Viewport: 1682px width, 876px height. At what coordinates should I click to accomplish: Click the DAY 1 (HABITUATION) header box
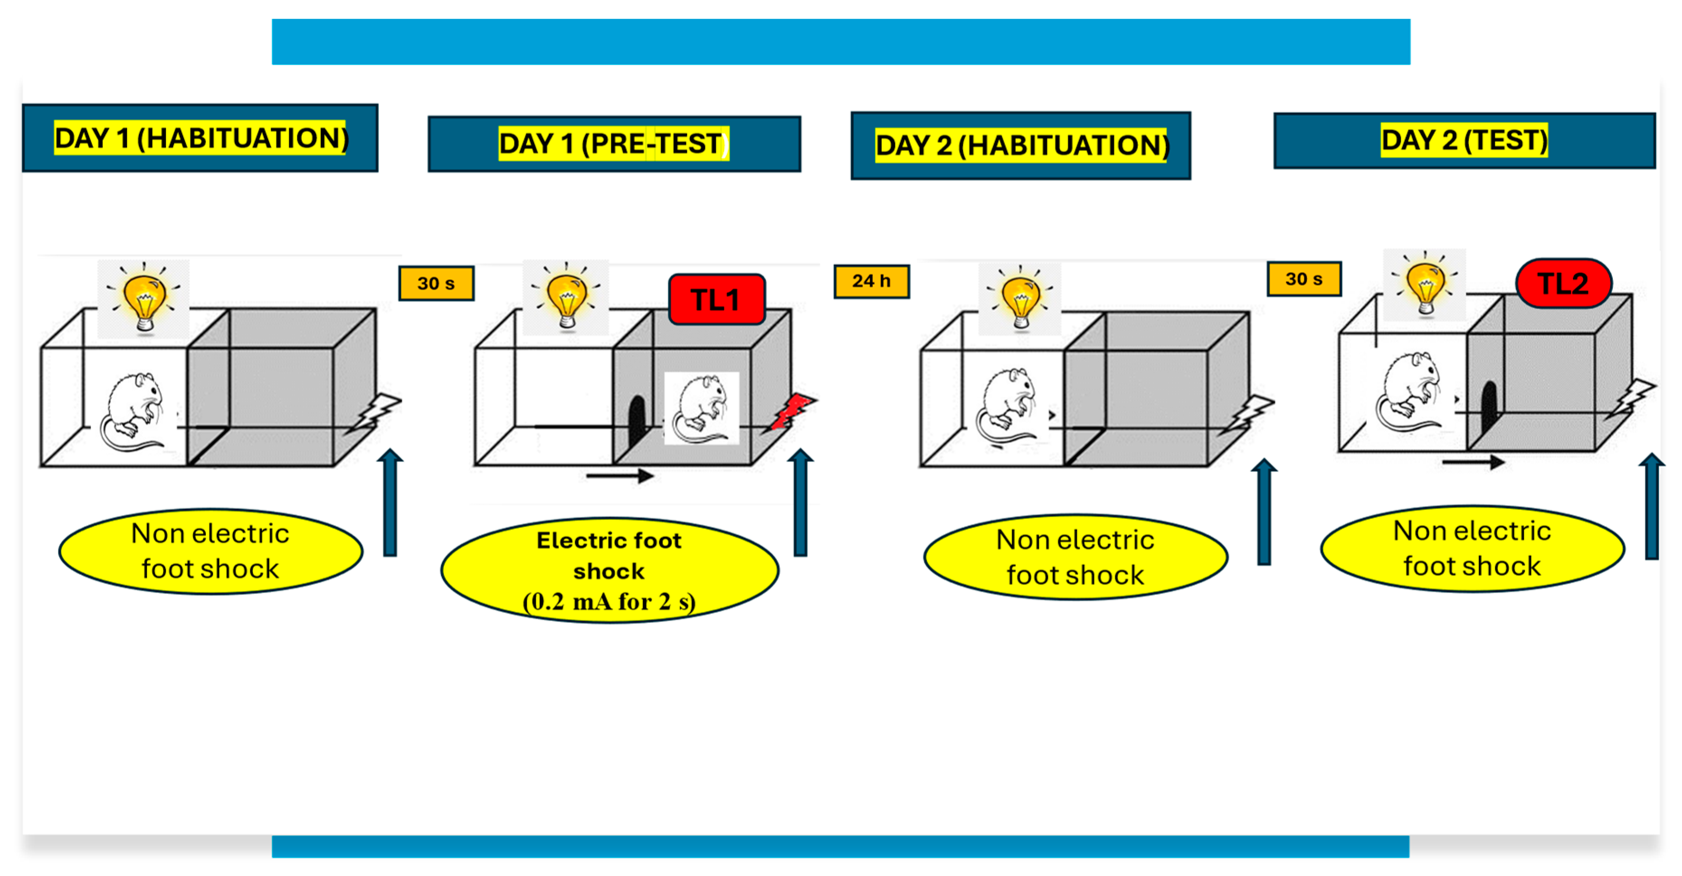click(x=200, y=138)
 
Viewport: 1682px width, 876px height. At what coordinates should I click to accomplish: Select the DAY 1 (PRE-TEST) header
click(x=614, y=144)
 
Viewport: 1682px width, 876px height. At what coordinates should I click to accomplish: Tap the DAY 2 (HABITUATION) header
click(x=1021, y=145)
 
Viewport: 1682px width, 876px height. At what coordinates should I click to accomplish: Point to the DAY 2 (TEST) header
click(x=1464, y=140)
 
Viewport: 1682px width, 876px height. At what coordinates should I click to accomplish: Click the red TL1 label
click(x=716, y=300)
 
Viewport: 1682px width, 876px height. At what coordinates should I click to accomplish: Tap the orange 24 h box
click(x=871, y=281)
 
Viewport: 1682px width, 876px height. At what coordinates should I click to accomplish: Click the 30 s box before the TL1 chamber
click(x=436, y=283)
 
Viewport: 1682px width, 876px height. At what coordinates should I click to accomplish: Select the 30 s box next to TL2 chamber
click(x=1303, y=279)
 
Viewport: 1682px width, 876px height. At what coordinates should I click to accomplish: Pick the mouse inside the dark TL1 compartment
click(x=701, y=409)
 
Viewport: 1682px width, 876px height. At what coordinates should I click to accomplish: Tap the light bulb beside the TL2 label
click(x=1426, y=285)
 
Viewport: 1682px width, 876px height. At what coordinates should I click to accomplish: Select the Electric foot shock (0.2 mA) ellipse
click(x=609, y=570)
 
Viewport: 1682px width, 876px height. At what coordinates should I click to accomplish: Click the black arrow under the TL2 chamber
click(x=1473, y=462)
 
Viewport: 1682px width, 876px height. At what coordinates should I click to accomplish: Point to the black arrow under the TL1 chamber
click(x=620, y=476)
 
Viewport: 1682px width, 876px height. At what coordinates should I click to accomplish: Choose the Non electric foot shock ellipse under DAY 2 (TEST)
click(x=1472, y=548)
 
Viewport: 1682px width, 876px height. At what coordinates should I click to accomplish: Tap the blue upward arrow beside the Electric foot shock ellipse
click(x=801, y=503)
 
